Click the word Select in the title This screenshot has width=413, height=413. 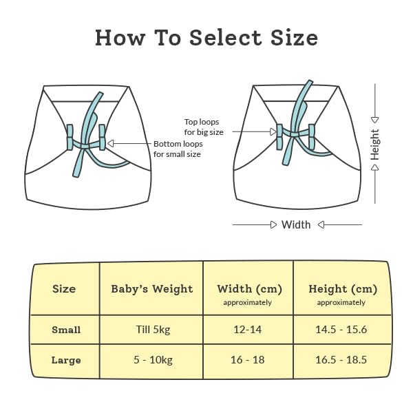pyautogui.click(x=226, y=37)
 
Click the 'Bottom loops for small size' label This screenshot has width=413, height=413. pyautogui.click(x=178, y=149)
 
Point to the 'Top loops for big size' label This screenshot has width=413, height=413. pyautogui.click(x=204, y=127)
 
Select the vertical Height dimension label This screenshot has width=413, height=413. pyautogui.click(x=374, y=145)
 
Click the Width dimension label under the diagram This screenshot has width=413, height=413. pyautogui.click(x=296, y=224)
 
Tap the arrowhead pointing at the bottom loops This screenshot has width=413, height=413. pyautogui.click(x=111, y=143)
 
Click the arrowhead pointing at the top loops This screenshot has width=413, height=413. pyautogui.click(x=273, y=131)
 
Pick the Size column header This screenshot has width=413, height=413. pyautogui.click(x=64, y=288)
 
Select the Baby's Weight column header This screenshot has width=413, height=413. pyautogui.click(x=152, y=289)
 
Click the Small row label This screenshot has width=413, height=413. pyautogui.click(x=66, y=330)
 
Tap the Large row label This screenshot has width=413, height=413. pyautogui.click(x=66, y=360)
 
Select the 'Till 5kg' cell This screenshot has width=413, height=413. pyautogui.click(x=153, y=330)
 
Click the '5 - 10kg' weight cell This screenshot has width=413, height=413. pyautogui.click(x=153, y=360)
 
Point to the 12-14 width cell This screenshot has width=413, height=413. pyautogui.click(x=248, y=330)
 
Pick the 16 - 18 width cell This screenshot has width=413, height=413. pyautogui.click(x=248, y=360)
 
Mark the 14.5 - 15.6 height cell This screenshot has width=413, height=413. pyautogui.click(x=341, y=330)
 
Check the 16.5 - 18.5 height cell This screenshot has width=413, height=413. pyautogui.click(x=341, y=360)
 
